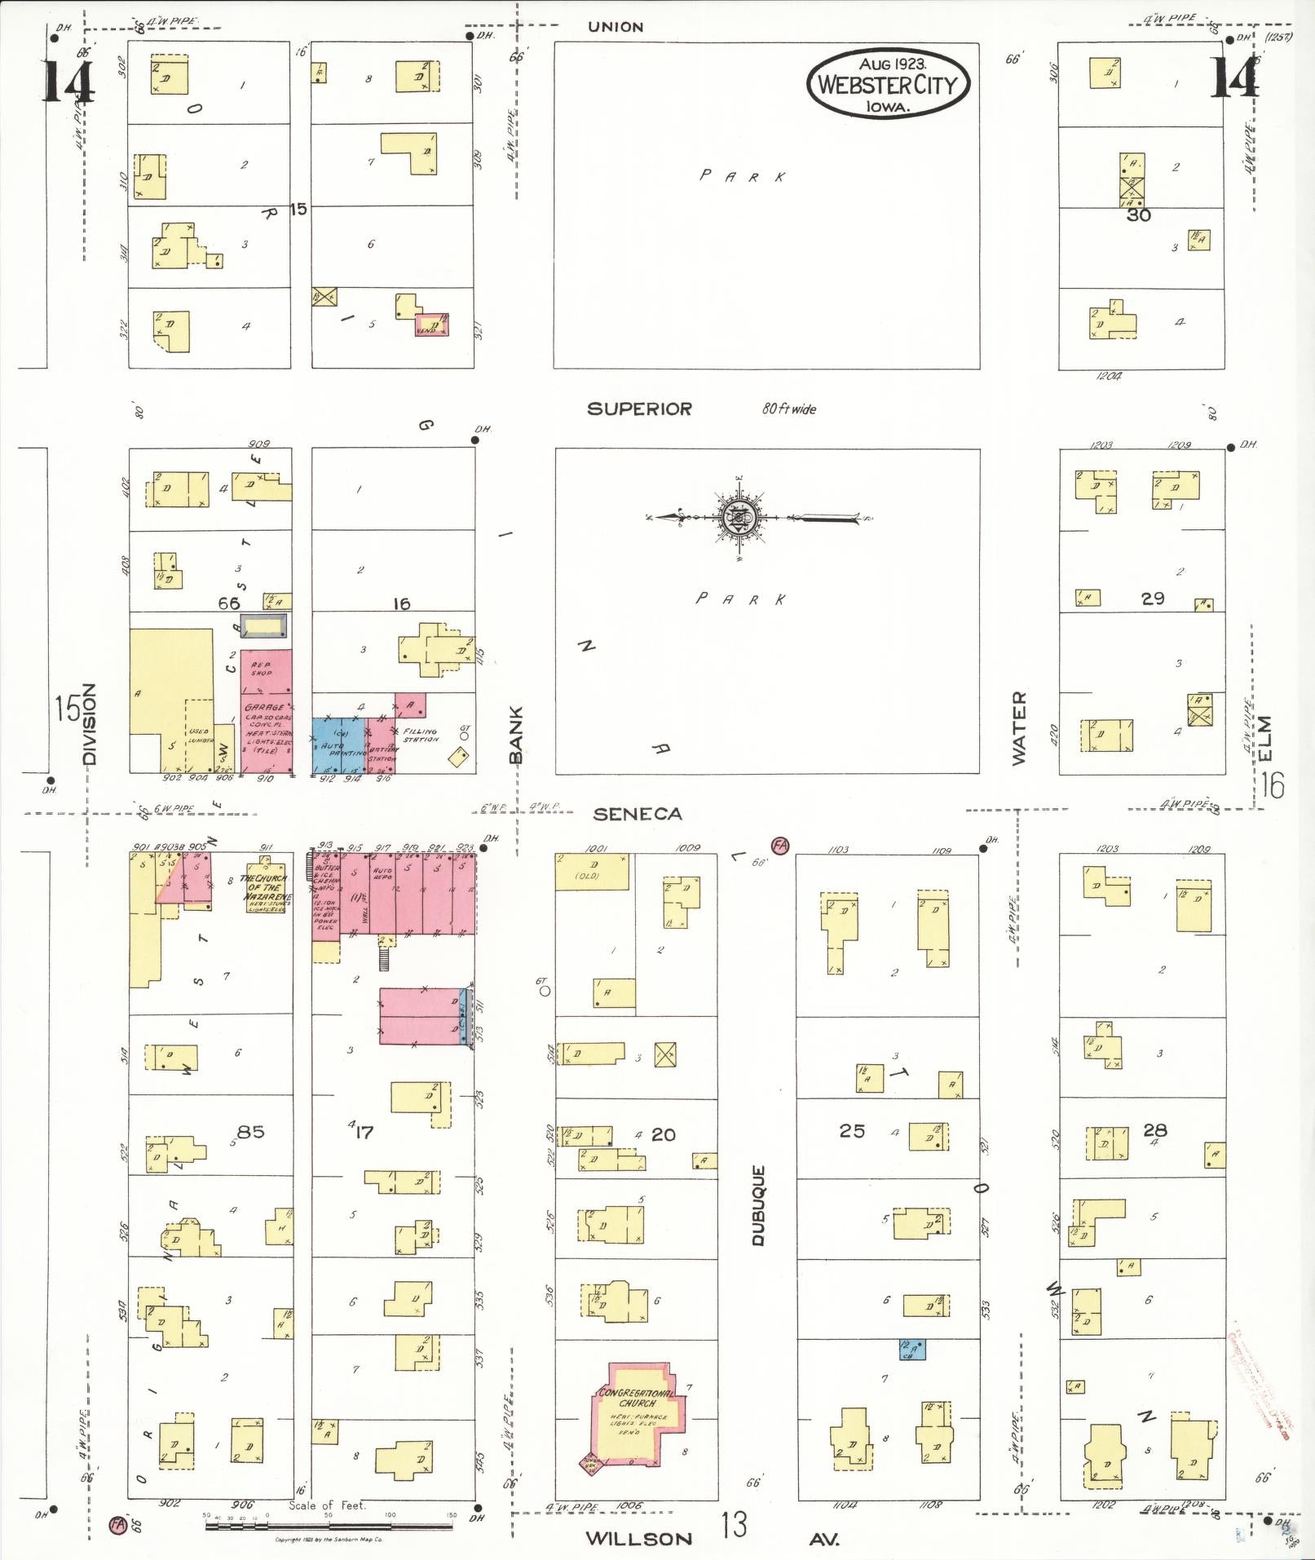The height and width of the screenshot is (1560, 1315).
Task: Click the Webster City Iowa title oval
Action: pyautogui.click(x=888, y=83)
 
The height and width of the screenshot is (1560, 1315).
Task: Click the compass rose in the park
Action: pyautogui.click(x=737, y=517)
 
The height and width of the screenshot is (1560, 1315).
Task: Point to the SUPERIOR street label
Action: pyautogui.click(x=639, y=409)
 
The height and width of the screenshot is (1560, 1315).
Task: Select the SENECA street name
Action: pyautogui.click(x=637, y=814)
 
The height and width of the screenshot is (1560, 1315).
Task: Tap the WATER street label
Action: pyautogui.click(x=1019, y=728)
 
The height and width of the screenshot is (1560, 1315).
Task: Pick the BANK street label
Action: pyautogui.click(x=515, y=734)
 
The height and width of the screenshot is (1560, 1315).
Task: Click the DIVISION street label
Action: pyautogui.click(x=89, y=723)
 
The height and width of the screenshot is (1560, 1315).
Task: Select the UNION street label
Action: pyautogui.click(x=616, y=27)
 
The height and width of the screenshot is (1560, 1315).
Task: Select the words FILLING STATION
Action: pyautogui.click(x=421, y=736)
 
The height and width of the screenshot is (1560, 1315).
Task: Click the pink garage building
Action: pyautogui.click(x=266, y=712)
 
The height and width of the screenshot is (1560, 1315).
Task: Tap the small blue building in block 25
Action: pyautogui.click(x=911, y=1350)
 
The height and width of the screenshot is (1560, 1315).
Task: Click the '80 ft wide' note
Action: pyautogui.click(x=788, y=409)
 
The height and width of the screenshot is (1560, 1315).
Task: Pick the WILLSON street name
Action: pyautogui.click(x=638, y=1539)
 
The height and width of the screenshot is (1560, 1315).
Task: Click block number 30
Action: pyautogui.click(x=1138, y=215)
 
